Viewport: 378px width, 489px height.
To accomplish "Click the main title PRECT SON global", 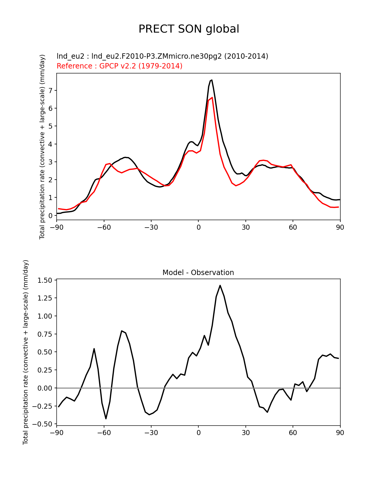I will point(189,29).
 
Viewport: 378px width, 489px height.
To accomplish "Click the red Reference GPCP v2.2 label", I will point(119,66).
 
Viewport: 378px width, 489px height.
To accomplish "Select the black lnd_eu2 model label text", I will point(162,56).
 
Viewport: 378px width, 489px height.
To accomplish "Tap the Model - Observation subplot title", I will point(198,272).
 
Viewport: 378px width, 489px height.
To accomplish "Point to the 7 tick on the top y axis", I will point(50,90).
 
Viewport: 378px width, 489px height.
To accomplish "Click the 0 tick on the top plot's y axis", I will point(50,215).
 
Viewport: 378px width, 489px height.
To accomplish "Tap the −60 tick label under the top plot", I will point(104,227).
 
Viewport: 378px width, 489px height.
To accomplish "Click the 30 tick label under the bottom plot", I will point(245,433).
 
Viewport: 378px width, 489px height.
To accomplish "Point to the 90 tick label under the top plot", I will point(340,227).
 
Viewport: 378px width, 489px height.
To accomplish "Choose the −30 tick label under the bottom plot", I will point(151,433).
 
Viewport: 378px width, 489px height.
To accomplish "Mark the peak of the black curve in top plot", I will point(211,80).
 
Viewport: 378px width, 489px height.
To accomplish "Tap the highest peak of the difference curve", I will point(220,285).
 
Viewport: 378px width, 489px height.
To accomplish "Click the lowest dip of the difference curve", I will point(106,418).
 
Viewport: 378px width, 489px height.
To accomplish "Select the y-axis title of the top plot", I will point(42,147).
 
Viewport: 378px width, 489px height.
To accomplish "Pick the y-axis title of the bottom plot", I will point(26,352).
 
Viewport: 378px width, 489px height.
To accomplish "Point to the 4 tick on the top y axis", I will point(50,144).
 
